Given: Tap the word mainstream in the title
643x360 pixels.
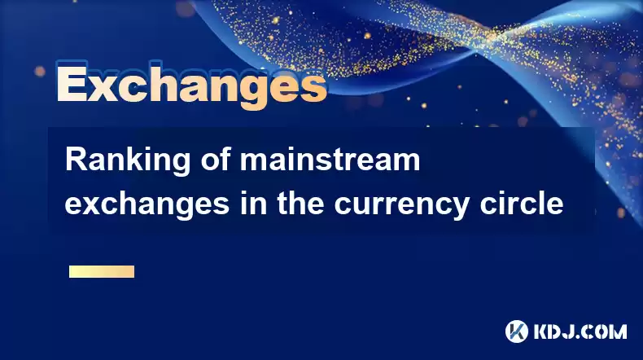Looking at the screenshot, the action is (330, 160).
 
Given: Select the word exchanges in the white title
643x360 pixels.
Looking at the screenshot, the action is (147, 204).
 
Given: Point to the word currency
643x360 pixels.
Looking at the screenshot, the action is (401, 205).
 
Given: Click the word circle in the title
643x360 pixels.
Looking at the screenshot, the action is (522, 202).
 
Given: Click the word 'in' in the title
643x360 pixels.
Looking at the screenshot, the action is (253, 202).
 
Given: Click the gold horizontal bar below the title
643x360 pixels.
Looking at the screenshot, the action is (102, 271).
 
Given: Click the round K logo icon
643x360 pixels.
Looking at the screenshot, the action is (517, 331).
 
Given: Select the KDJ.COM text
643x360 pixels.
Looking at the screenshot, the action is (580, 331).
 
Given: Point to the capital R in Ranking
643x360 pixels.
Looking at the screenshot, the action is (76, 160).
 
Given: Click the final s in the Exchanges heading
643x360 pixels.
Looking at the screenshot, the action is (313, 88).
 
